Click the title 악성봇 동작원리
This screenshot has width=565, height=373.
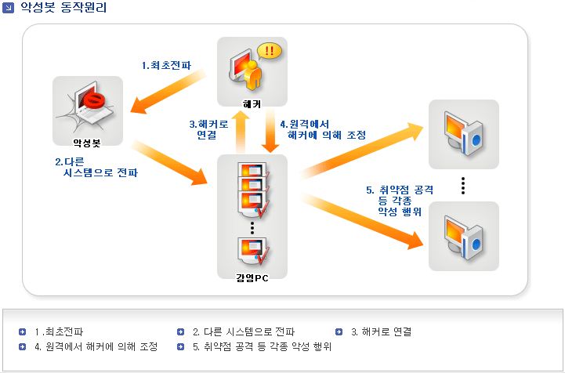[59, 9]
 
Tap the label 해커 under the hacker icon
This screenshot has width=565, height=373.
[252, 104]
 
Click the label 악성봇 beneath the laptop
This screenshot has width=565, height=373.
[88, 143]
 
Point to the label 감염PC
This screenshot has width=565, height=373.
[252, 277]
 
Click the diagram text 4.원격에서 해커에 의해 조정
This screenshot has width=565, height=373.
[310, 129]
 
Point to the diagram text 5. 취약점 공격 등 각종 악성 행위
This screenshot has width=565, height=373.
[400, 201]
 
